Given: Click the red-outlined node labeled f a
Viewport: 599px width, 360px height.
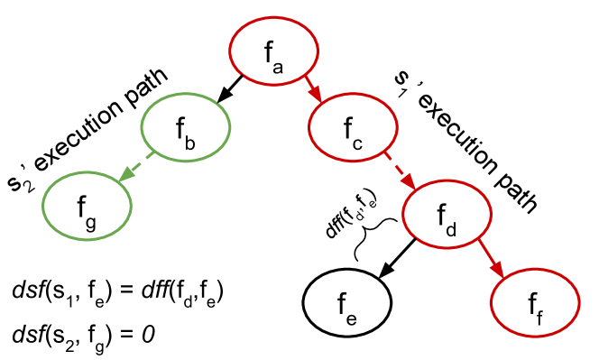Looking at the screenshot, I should pyautogui.click(x=273, y=51).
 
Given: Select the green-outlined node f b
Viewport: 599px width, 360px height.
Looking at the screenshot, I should pyautogui.click(x=186, y=128).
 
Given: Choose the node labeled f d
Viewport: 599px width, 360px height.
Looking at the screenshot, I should pyautogui.click(x=447, y=215).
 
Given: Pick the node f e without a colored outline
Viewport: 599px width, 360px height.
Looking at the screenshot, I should pyautogui.click(x=346, y=301).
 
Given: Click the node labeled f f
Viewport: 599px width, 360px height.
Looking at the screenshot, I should pyautogui.click(x=534, y=301).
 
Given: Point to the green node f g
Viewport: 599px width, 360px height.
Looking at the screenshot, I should pyautogui.click(x=87, y=206).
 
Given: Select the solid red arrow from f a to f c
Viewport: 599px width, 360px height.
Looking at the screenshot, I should pyautogui.click(x=311, y=88).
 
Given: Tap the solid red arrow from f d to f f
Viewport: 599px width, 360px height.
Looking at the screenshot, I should pyautogui.click(x=490, y=256).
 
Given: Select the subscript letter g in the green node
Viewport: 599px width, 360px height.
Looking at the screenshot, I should pyautogui.click(x=91, y=223).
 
